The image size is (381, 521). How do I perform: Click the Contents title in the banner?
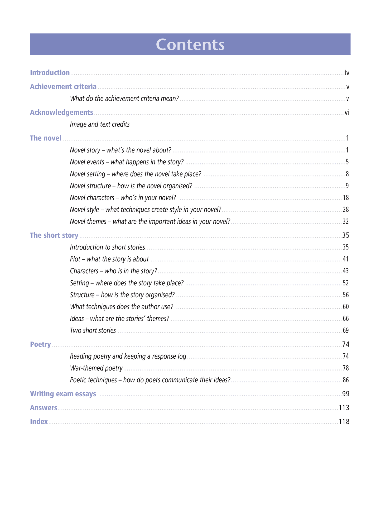coord(190,45)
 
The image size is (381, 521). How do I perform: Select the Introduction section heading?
coord(50,73)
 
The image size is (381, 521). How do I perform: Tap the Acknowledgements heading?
coord(61,113)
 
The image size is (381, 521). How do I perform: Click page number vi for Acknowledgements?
coord(347,113)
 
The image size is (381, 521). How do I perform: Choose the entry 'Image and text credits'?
coord(100,124)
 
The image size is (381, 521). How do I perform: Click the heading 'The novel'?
coord(46,138)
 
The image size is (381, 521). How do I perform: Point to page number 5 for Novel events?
coord(347,162)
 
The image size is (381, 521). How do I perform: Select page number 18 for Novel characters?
coord(346,198)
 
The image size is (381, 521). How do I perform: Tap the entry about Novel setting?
coord(136,174)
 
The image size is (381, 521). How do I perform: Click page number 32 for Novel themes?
coord(346,222)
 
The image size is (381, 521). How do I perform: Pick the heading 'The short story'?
coord(54,235)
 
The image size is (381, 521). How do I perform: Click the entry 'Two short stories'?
coord(93,330)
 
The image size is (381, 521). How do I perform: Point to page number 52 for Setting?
coord(346,283)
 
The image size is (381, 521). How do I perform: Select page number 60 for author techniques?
coord(346,307)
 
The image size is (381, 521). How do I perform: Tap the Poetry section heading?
coord(40,344)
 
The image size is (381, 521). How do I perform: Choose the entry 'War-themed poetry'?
coord(96,368)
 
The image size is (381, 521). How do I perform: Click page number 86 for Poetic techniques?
coord(346,380)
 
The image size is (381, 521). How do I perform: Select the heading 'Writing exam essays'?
coord(63,394)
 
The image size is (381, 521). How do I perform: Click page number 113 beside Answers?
coord(344,408)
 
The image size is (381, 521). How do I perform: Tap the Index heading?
coord(39,422)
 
